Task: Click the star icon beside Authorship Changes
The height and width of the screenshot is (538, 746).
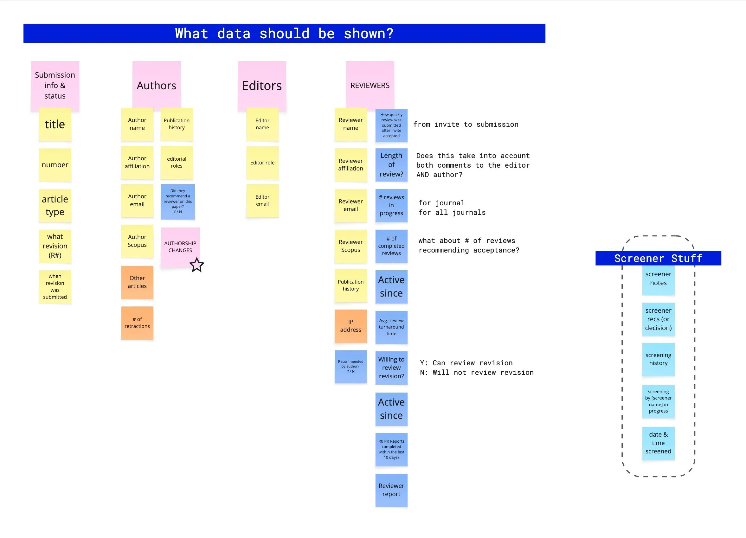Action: (197, 265)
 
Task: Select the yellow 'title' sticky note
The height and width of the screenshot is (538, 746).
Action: (55, 124)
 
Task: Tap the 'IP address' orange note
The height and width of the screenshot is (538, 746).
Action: (350, 326)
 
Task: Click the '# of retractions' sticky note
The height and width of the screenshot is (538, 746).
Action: (137, 323)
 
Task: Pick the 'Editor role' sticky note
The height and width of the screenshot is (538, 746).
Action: (262, 163)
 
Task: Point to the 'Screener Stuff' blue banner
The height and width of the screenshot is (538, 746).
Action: (658, 259)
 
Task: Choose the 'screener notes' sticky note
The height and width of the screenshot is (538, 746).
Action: (658, 279)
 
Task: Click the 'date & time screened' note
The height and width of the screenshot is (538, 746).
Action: (658, 443)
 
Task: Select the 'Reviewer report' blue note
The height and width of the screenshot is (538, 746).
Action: (391, 490)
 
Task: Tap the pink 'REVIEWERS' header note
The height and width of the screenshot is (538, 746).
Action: (370, 86)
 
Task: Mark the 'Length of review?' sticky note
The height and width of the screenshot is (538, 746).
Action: (391, 165)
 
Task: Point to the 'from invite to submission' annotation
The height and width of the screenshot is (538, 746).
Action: (466, 125)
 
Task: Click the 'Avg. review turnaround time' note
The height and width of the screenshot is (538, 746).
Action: (391, 327)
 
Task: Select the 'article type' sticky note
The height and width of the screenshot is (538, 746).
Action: (55, 206)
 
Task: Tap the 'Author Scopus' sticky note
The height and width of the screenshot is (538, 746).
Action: (137, 241)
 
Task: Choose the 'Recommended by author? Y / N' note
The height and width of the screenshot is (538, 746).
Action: (350, 366)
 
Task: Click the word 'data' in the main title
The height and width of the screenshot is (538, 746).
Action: (234, 34)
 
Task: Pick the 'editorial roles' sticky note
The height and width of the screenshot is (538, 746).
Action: (177, 163)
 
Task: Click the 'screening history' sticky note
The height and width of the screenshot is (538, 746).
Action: (658, 359)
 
